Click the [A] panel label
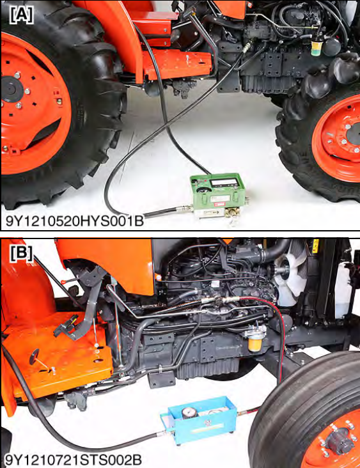(x=21, y=15)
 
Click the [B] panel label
(x=21, y=254)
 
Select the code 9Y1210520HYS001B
(x=75, y=221)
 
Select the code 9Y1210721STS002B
(x=74, y=460)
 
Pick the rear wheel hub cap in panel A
(x=12, y=89)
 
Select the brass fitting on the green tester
(x=230, y=213)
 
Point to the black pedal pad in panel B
(x=65, y=328)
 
